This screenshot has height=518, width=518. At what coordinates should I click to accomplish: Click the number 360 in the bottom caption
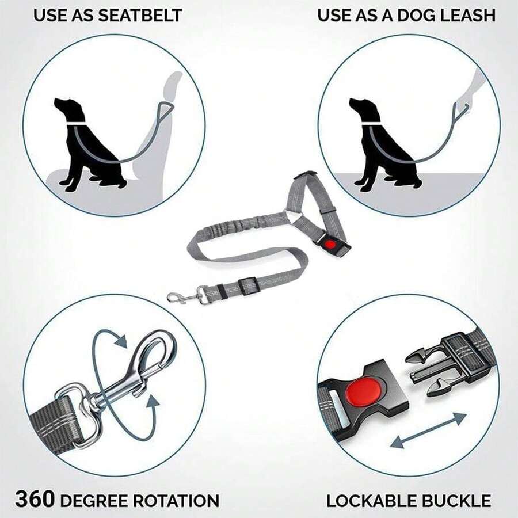click(35, 499)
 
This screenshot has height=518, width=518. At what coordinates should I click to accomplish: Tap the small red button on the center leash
click(329, 244)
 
